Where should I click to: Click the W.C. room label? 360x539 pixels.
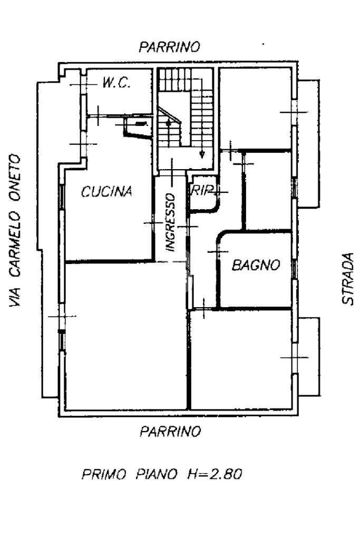pyautogui.click(x=116, y=83)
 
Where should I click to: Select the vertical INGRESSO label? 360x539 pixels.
pyautogui.click(x=170, y=221)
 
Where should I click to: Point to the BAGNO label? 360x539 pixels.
pyautogui.click(x=256, y=265)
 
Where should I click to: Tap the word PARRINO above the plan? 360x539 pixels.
pyautogui.click(x=169, y=47)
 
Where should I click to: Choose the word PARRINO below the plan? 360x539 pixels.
pyautogui.click(x=170, y=432)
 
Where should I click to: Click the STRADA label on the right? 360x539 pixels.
pyautogui.click(x=347, y=279)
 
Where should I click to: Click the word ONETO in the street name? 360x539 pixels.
pyautogui.click(x=16, y=174)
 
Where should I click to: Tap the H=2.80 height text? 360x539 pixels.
pyautogui.click(x=215, y=474)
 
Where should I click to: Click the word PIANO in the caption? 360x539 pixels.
pyautogui.click(x=156, y=474)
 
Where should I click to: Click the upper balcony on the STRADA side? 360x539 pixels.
pyautogui.click(x=308, y=142)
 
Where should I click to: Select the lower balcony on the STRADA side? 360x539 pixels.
pyautogui.click(x=309, y=357)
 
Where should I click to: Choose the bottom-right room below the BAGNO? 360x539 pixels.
pyautogui.click(x=241, y=358)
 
